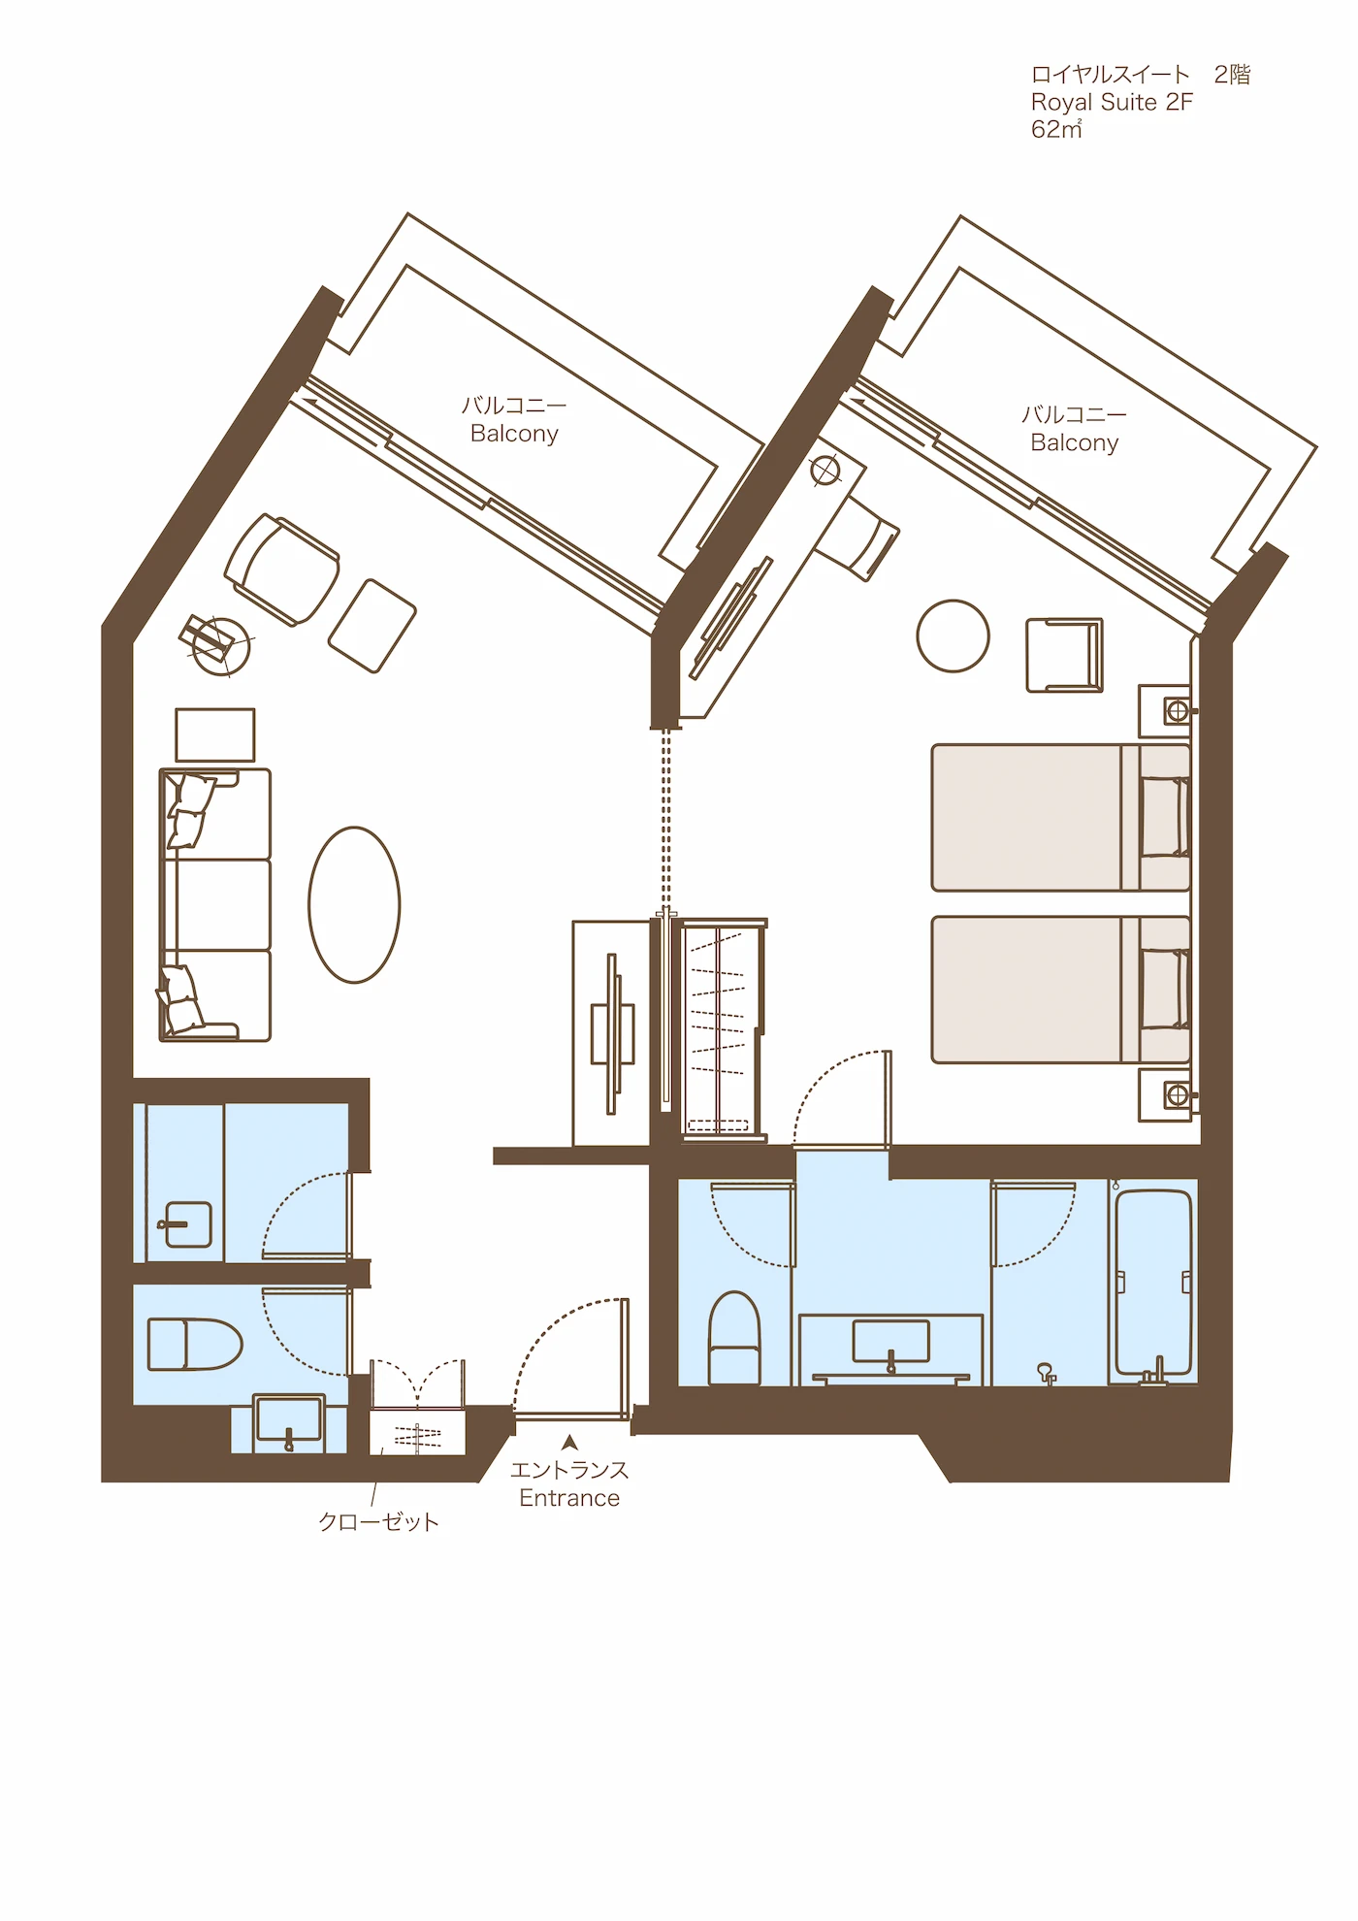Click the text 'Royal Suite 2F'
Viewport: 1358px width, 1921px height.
[1112, 102]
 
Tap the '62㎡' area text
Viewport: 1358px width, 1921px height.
[1056, 129]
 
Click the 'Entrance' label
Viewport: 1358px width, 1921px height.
[569, 1498]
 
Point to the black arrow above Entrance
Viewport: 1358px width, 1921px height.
[570, 1442]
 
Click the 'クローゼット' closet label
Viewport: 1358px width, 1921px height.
[379, 1521]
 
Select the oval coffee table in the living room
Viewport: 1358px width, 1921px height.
[354, 904]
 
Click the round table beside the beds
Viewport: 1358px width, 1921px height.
[953, 635]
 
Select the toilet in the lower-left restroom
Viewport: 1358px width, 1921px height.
[194, 1343]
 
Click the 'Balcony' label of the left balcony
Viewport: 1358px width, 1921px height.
[514, 434]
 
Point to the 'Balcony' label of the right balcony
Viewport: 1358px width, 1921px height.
[1075, 442]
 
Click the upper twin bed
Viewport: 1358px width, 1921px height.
[1060, 817]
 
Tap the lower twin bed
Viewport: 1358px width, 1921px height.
[1060, 990]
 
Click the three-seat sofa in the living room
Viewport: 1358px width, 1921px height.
[215, 905]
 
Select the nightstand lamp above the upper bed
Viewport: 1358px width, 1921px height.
[1178, 711]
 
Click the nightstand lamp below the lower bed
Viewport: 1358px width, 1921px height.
[1178, 1095]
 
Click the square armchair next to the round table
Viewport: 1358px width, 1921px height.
[1064, 655]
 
